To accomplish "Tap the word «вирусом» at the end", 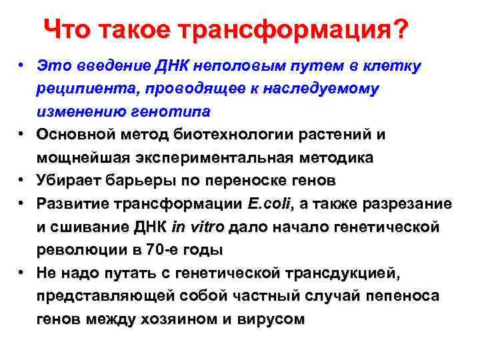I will pyautogui.click(x=273, y=319).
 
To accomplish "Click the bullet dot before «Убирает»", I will pyautogui.click(x=22, y=180).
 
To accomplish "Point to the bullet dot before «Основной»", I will pyautogui.click(x=22, y=134).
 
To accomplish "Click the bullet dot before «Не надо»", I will pyautogui.click(x=22, y=273).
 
